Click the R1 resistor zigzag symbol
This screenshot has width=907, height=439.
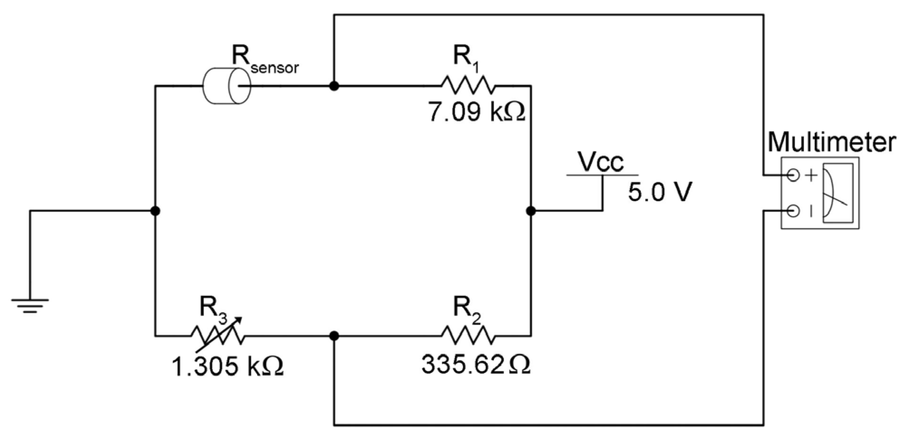click(x=468, y=85)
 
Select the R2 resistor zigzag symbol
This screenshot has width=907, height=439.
click(x=468, y=336)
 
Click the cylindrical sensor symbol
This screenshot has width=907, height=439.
click(x=226, y=86)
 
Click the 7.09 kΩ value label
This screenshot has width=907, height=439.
click(x=476, y=112)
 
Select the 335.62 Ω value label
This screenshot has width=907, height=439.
click(x=475, y=365)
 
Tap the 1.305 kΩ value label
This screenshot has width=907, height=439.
click(x=227, y=366)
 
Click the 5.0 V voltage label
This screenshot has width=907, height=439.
click(x=660, y=192)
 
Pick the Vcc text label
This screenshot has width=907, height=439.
click(x=601, y=161)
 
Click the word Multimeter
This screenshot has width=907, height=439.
click(x=832, y=142)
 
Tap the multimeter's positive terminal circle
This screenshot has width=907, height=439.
click(x=793, y=175)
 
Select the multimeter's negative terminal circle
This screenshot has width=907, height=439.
click(x=793, y=211)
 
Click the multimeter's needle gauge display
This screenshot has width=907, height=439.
click(x=838, y=193)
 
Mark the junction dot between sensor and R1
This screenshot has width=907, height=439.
click(x=334, y=86)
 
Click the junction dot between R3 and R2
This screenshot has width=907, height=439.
click(x=334, y=336)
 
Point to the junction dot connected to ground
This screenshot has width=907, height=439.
click(x=155, y=211)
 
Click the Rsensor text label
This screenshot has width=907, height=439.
click(x=265, y=60)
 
